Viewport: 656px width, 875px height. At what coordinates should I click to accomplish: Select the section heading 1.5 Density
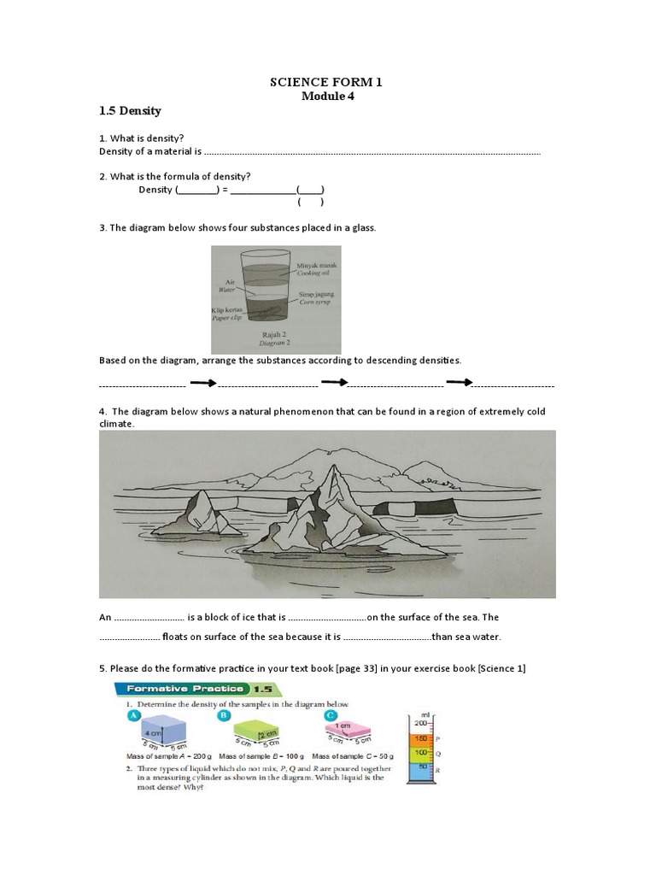[x=130, y=111]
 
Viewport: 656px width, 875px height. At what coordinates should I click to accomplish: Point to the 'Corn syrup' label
[x=315, y=302]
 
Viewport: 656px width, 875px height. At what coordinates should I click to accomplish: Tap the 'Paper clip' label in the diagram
[x=228, y=317]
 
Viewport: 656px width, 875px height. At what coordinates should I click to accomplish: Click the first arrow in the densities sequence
[x=202, y=382]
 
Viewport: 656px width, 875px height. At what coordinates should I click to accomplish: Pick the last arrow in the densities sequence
[x=459, y=382]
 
